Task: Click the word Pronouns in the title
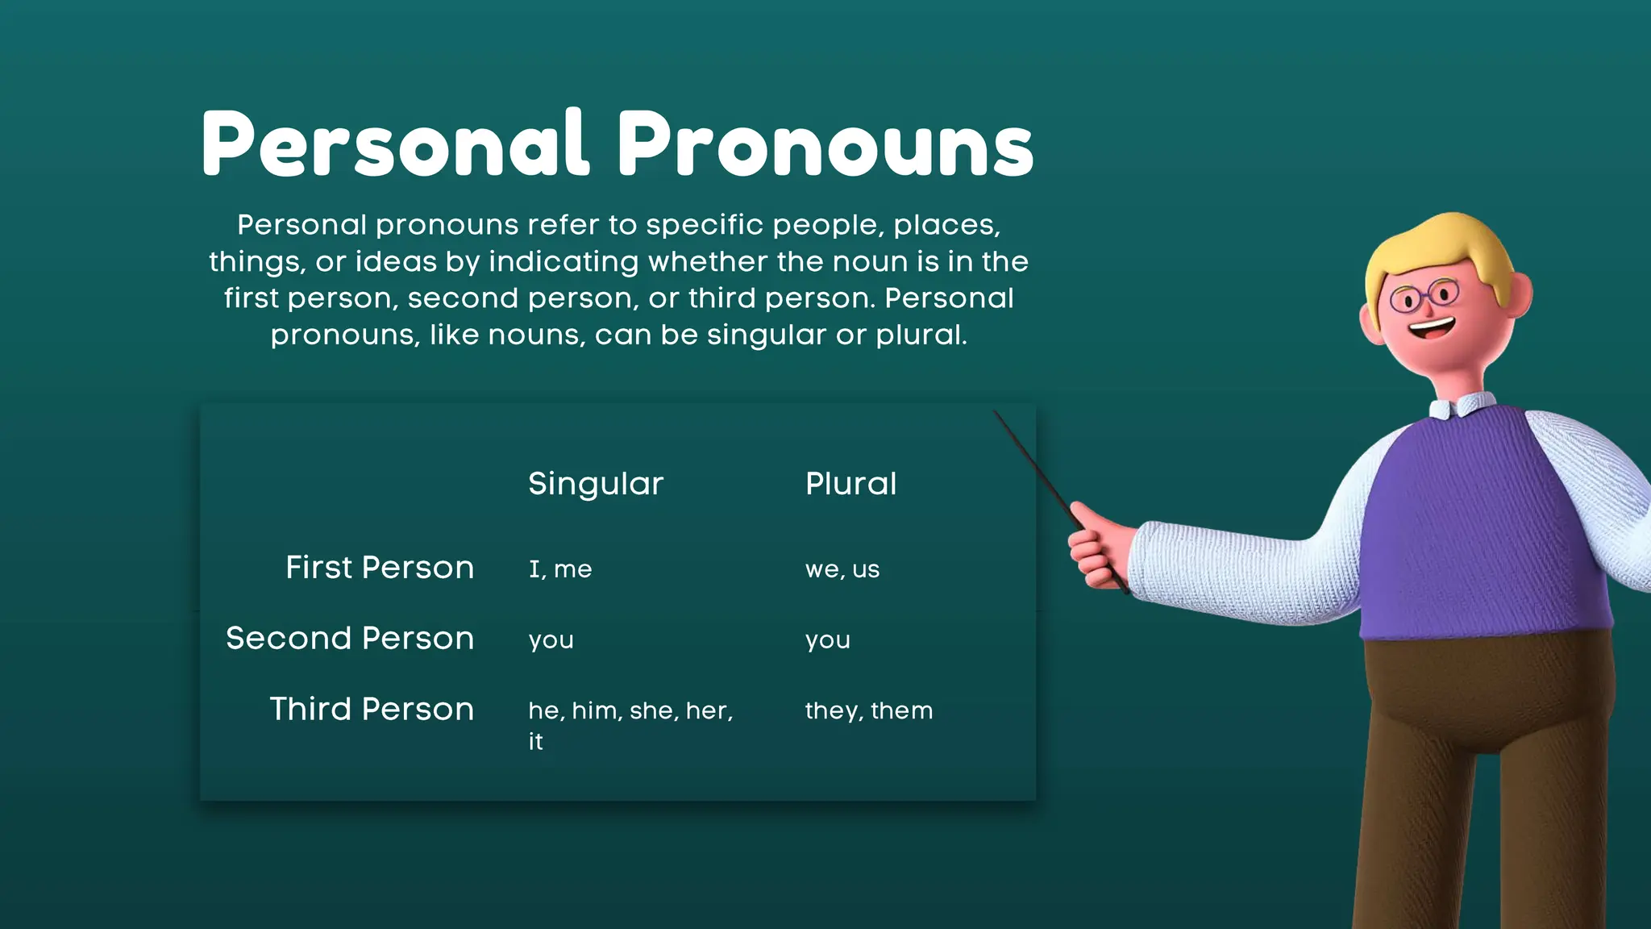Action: [825, 145]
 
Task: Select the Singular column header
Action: [596, 484]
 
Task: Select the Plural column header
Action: [850, 484]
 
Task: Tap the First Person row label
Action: [380, 568]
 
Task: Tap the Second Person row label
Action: [350, 639]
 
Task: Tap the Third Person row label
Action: [372, 710]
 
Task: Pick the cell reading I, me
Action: [560, 569]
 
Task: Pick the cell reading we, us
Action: [842, 569]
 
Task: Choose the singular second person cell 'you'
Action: [551, 640]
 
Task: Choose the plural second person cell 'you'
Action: [828, 640]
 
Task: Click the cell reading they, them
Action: [869, 710]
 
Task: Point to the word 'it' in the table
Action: [536, 742]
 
